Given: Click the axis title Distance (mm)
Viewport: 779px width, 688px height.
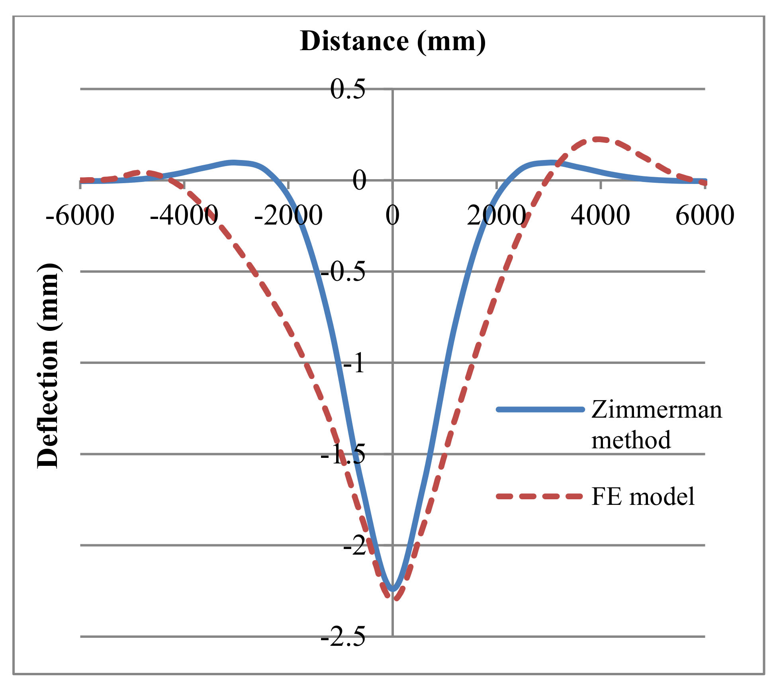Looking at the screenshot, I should tap(393, 41).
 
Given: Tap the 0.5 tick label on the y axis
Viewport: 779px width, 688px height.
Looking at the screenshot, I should tap(348, 89).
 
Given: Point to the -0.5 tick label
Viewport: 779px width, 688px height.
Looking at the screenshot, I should tap(343, 272).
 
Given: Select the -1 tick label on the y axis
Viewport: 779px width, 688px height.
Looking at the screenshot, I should tap(354, 364).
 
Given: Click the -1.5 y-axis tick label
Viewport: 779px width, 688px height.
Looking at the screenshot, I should tap(343, 455).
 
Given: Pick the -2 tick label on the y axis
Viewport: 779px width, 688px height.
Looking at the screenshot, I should tap(354, 546).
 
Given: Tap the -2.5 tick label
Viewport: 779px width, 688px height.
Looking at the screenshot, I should tap(343, 637).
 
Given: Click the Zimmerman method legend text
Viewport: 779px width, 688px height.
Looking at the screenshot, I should tap(656, 424).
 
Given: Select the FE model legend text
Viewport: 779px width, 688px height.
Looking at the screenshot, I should tap(643, 496).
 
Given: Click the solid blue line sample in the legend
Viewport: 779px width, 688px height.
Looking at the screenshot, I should tap(540, 409).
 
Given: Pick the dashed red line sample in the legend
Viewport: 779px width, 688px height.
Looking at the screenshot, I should tap(540, 496).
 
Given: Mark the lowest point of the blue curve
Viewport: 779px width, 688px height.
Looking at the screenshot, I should tap(393, 589).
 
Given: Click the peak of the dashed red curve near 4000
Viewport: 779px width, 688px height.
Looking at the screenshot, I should tap(596, 139).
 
